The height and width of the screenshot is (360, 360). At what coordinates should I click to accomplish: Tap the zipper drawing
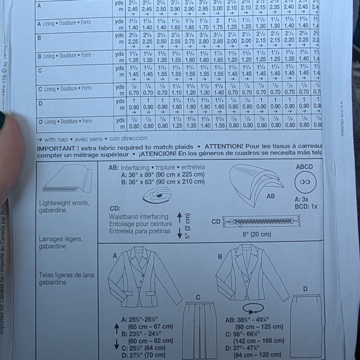267,221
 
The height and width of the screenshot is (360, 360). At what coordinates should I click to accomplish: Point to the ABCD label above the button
305,166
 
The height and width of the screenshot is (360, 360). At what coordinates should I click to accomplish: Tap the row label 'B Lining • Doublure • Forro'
65,56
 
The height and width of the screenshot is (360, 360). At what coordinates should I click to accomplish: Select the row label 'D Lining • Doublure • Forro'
65,122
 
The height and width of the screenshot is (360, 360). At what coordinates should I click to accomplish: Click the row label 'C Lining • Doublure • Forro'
65,89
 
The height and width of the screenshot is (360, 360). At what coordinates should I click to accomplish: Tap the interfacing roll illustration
158,196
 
